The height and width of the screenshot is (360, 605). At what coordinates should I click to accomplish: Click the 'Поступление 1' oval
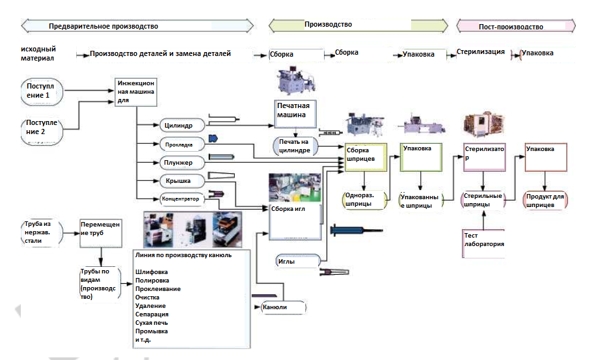[x=42, y=91]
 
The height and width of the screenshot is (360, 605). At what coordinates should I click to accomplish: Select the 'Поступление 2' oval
[x=43, y=127]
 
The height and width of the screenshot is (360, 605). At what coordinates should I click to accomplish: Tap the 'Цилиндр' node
[x=181, y=124]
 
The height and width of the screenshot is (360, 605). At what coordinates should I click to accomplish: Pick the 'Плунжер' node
[x=181, y=161]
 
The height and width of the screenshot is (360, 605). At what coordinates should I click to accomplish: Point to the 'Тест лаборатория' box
[x=483, y=239]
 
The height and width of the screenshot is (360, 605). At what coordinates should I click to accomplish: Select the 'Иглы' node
[x=297, y=261]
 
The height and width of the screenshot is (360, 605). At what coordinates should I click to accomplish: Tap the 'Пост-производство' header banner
[x=515, y=27]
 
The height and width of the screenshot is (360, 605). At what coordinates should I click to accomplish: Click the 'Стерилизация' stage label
[x=481, y=52]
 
